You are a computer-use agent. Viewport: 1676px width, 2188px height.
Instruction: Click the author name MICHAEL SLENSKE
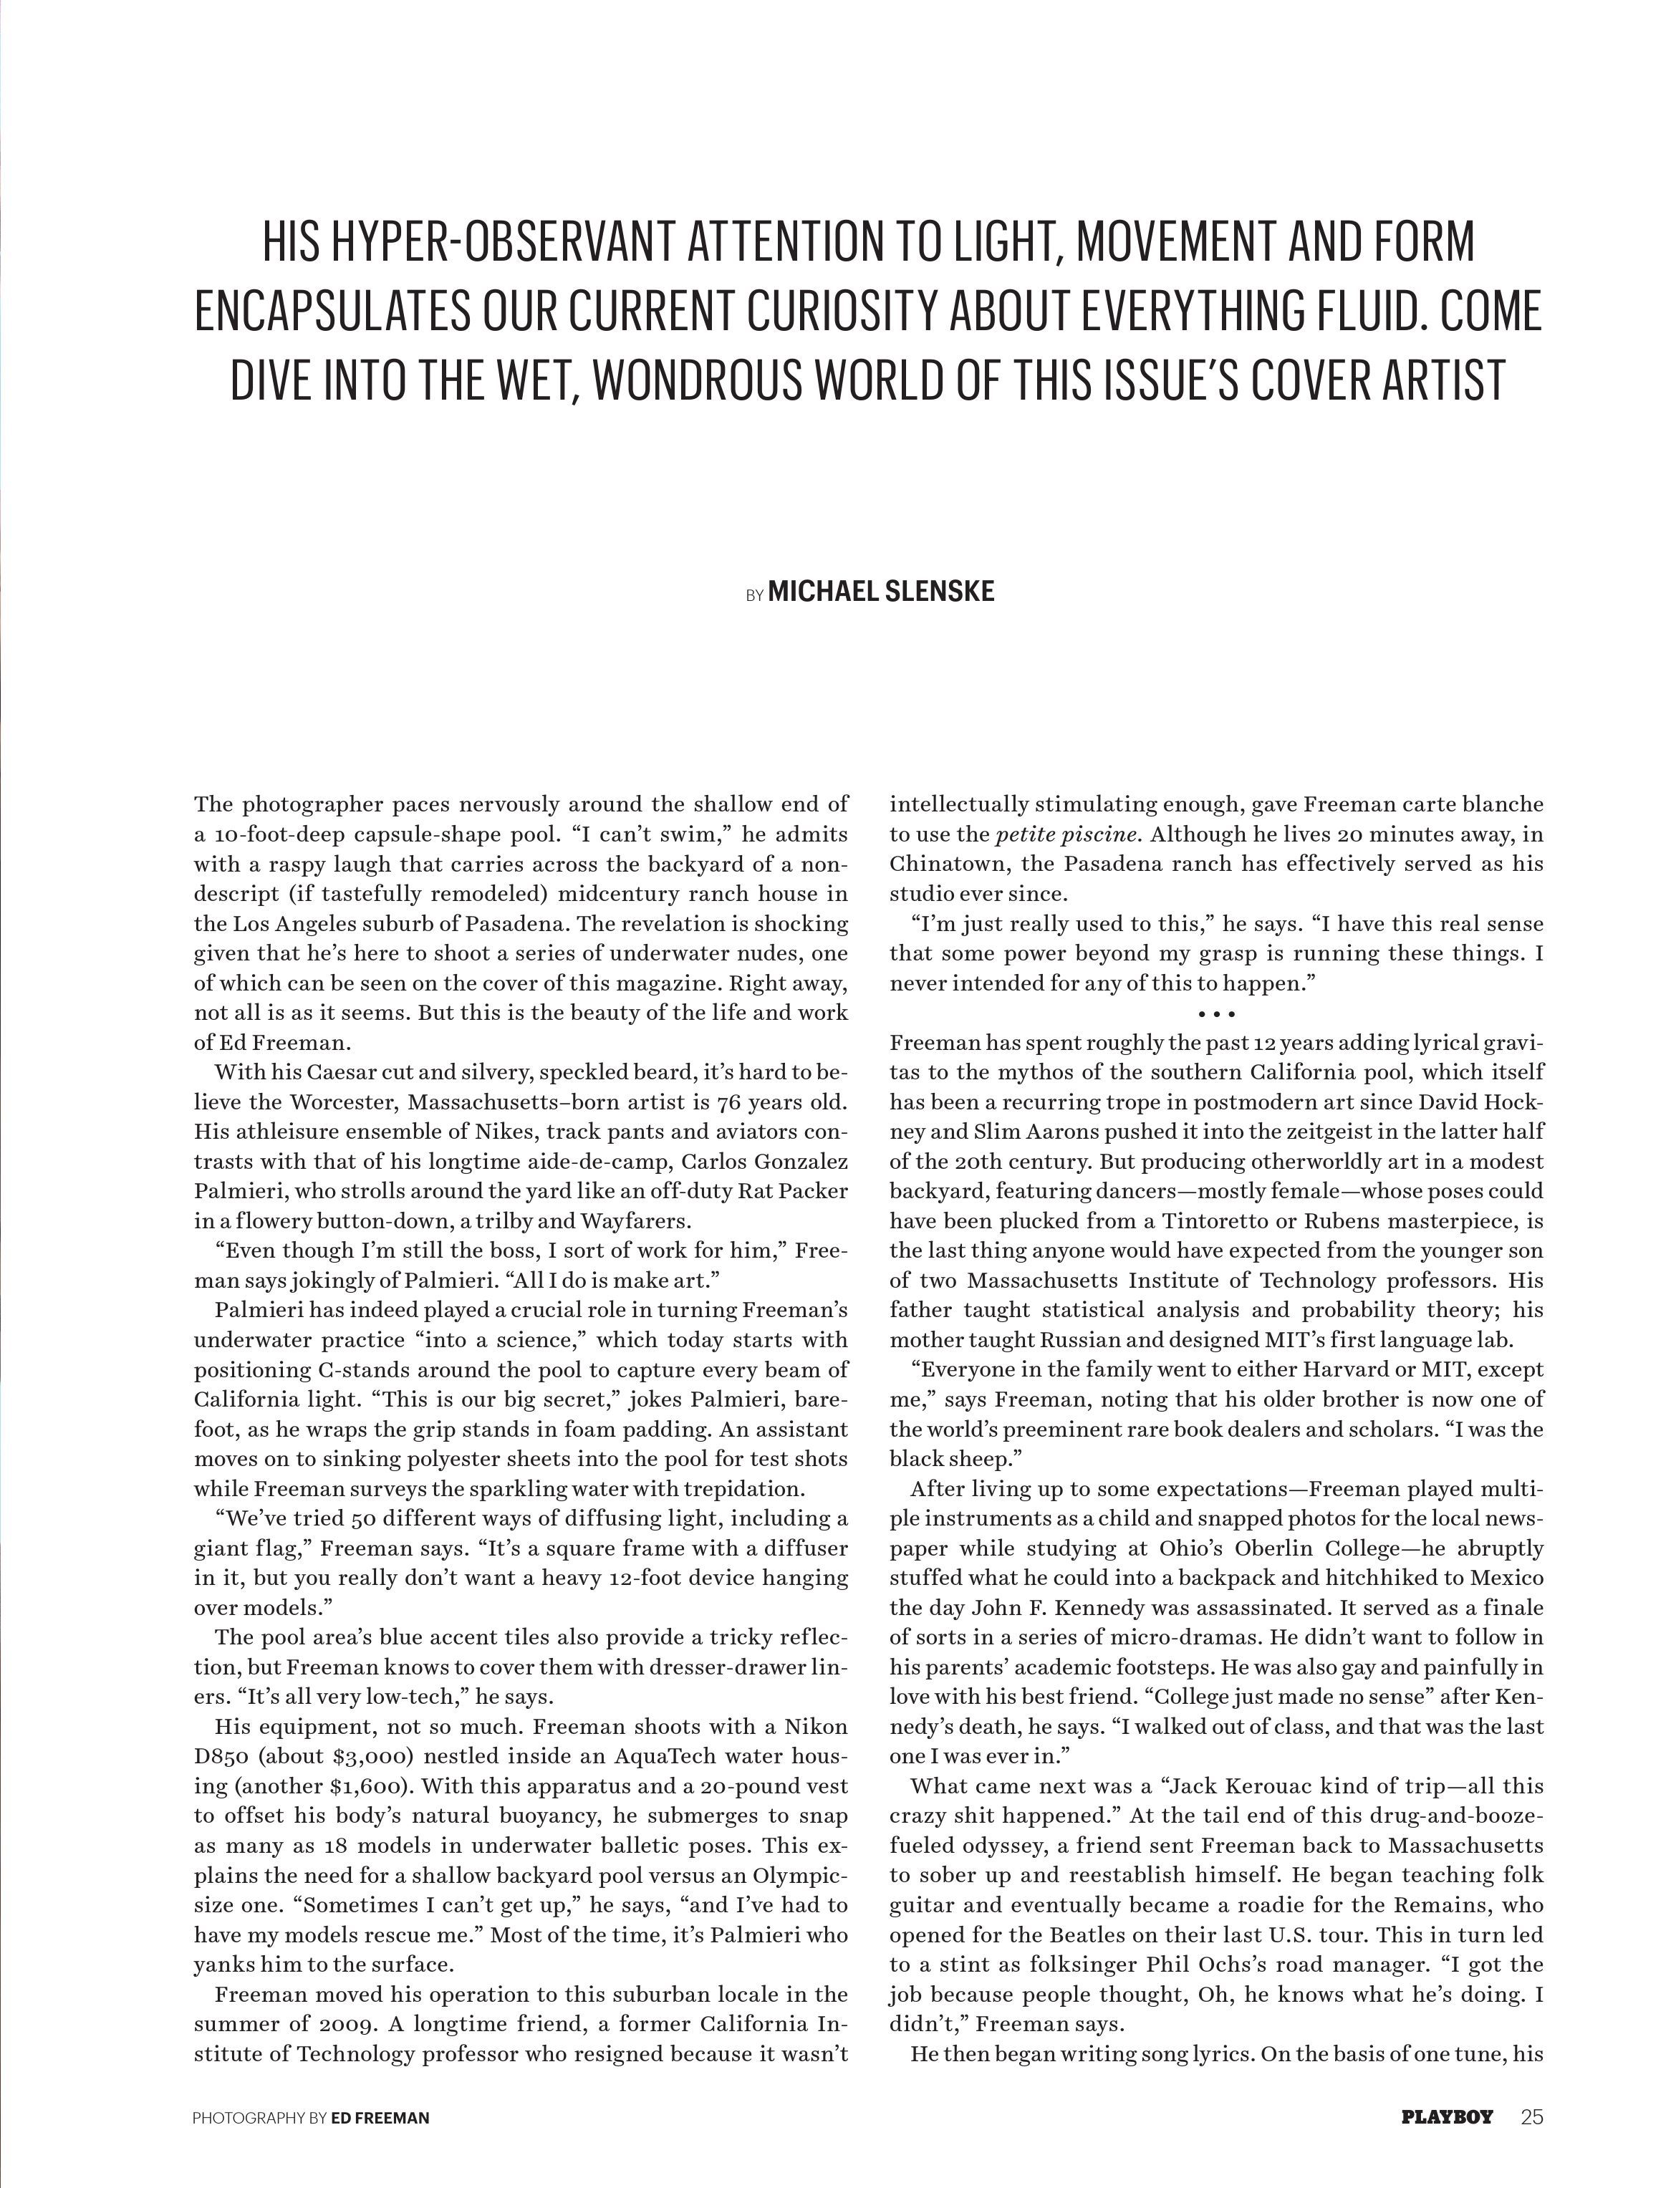(881, 592)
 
